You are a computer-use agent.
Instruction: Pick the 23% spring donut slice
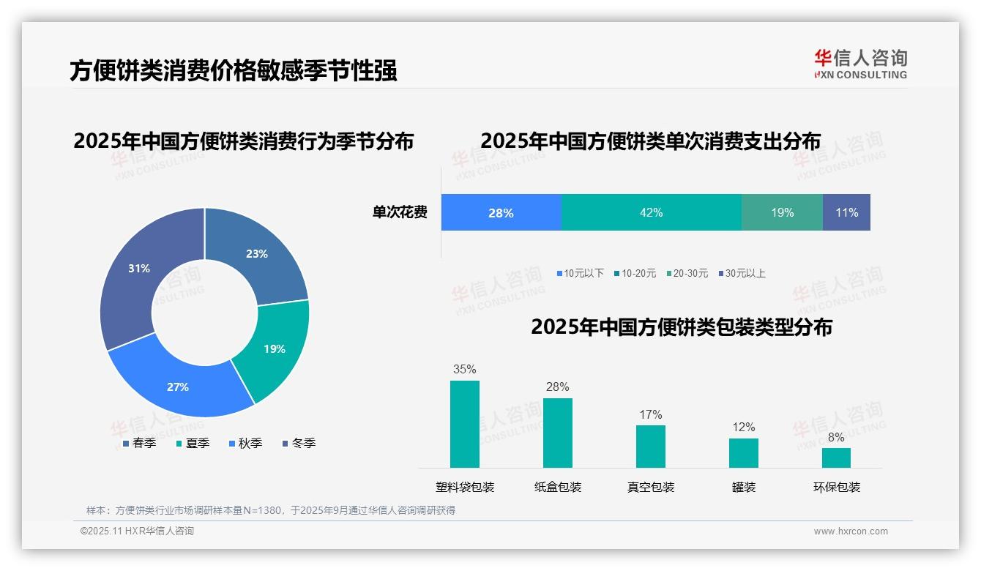click(256, 254)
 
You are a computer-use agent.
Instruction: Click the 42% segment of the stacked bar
click(651, 212)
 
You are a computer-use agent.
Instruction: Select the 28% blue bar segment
click(501, 212)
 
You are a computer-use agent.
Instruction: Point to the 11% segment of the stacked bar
click(846, 212)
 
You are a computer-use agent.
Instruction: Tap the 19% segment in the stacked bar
click(782, 212)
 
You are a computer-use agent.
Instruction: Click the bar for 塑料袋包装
click(465, 424)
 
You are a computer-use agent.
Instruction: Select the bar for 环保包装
click(836, 458)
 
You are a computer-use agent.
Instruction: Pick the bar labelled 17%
click(651, 446)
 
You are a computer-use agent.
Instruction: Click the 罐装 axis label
click(744, 487)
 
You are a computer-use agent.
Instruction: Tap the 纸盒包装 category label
click(558, 487)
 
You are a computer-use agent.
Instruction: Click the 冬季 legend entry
click(299, 443)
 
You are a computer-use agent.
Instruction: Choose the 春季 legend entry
click(139, 443)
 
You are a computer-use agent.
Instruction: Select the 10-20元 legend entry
click(635, 273)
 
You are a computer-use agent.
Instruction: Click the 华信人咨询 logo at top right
click(860, 64)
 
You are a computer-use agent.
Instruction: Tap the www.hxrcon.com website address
click(851, 531)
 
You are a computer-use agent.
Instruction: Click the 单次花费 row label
click(400, 212)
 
